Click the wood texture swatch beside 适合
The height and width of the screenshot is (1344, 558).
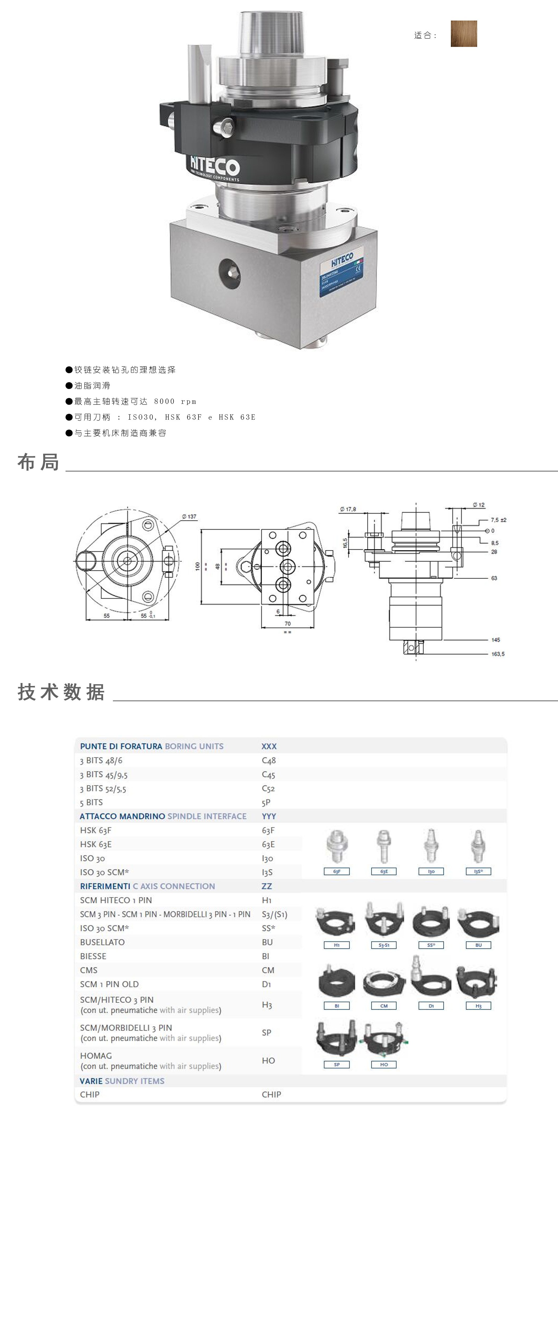(464, 34)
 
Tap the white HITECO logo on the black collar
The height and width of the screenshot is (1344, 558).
(214, 166)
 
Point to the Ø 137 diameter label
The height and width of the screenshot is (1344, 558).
(189, 517)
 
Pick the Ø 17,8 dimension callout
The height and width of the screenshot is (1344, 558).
(348, 509)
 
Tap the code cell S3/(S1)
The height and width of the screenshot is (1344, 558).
(274, 914)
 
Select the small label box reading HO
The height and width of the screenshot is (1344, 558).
(384, 1064)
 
